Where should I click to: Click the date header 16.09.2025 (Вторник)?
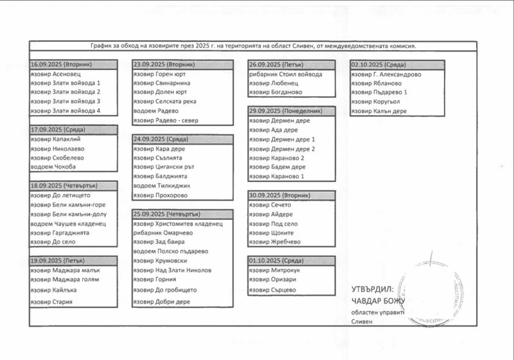[x=62, y=65]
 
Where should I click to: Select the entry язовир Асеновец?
[x=55, y=74]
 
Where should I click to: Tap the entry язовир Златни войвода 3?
[x=66, y=101]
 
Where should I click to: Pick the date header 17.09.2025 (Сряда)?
[x=58, y=130]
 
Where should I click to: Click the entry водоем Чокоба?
[x=53, y=167]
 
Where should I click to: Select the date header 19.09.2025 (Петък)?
[x=58, y=261]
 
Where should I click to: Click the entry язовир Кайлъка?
[x=53, y=290]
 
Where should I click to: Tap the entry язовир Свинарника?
[x=162, y=83]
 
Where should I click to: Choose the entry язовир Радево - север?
[x=166, y=120]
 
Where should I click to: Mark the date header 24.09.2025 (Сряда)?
[x=161, y=139]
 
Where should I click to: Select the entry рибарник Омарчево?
[x=163, y=233]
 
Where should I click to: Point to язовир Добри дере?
[x=162, y=301]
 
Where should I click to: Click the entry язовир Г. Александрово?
[x=386, y=74]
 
